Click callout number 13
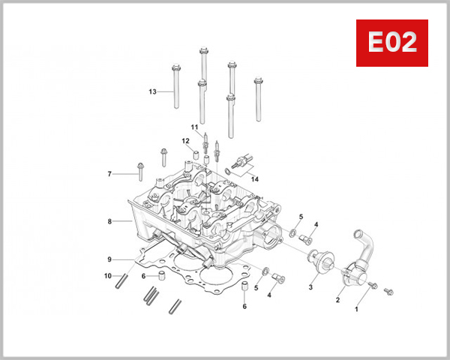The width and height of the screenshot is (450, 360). point(152,92)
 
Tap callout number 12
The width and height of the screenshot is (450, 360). point(184,141)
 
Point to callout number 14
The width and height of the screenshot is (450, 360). point(254,179)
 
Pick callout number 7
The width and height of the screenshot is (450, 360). point(109,174)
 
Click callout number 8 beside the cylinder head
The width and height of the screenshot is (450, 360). point(109,222)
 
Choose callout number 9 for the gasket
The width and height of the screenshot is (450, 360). point(109,259)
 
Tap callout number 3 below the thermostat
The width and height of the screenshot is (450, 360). point(310,286)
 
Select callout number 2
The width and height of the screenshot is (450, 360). point(337,300)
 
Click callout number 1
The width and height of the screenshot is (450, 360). point(357,308)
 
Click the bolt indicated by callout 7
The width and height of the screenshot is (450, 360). point(139,171)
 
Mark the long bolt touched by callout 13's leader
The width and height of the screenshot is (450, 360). point(176,88)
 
